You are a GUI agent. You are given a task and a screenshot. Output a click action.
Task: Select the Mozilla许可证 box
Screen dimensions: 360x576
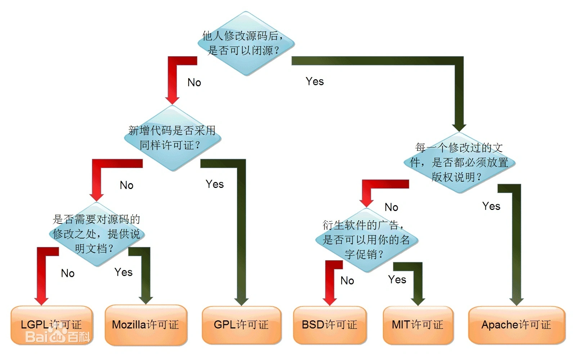coord(146,325)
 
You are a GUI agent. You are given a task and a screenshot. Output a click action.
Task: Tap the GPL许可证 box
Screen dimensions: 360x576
coord(241,325)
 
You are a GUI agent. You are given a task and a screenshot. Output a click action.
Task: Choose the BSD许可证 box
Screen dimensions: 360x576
coord(329,325)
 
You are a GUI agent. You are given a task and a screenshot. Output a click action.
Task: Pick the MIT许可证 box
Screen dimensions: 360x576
coord(418,325)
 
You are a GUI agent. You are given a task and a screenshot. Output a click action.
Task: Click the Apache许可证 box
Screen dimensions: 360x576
coord(516,325)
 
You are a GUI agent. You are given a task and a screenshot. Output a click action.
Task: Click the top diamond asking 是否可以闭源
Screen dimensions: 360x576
coord(246,44)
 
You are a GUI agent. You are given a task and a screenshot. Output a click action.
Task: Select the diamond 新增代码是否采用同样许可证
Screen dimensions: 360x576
coord(172,138)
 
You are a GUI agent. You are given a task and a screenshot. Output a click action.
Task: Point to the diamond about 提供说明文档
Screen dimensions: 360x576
coord(96,234)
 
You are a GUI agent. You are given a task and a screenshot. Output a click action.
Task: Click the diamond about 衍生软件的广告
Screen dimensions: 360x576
coord(366,240)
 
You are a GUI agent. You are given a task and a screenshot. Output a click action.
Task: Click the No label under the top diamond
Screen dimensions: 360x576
coord(194,82)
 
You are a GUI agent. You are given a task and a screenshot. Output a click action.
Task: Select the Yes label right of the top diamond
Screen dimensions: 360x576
coord(315,81)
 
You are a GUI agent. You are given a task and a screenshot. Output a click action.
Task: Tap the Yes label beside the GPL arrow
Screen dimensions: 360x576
coord(215,184)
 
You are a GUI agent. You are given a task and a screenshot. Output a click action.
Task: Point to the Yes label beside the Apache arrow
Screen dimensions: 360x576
coord(491,206)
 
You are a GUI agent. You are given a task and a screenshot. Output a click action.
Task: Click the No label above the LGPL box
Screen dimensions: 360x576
coord(68,273)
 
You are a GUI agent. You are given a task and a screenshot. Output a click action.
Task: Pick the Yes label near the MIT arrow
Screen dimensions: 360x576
coord(397,280)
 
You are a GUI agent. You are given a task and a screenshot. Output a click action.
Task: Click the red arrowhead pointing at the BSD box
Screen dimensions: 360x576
coord(330,301)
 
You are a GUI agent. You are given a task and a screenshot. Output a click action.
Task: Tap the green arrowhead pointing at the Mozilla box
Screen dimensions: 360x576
coord(146,300)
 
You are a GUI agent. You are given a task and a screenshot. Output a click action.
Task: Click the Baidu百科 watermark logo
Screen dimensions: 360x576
coord(58,337)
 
